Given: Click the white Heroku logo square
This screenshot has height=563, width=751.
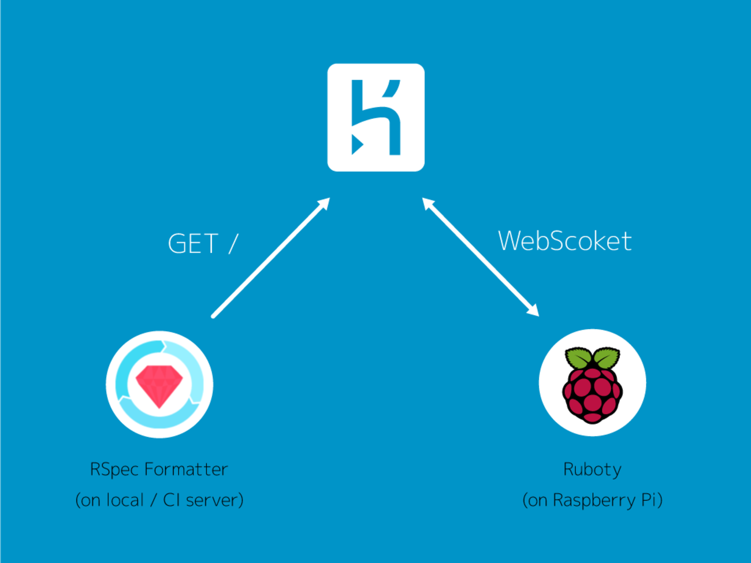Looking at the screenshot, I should pyautogui.click(x=375, y=117).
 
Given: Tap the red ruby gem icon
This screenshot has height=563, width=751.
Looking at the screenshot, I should pyautogui.click(x=159, y=386).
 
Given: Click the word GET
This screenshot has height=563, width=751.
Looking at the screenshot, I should pyautogui.click(x=193, y=244).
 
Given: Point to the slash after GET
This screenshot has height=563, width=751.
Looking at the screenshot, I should pyautogui.click(x=233, y=244).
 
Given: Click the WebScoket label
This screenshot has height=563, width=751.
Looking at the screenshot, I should pyautogui.click(x=564, y=241).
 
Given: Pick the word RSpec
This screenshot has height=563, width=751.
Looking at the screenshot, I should pyautogui.click(x=114, y=469).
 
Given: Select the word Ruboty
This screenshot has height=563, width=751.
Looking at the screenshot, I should pyautogui.click(x=592, y=469).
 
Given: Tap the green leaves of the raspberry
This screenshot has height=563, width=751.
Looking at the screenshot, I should pyautogui.click(x=592, y=357).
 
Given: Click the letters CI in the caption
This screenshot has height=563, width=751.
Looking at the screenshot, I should pyautogui.click(x=172, y=500).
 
